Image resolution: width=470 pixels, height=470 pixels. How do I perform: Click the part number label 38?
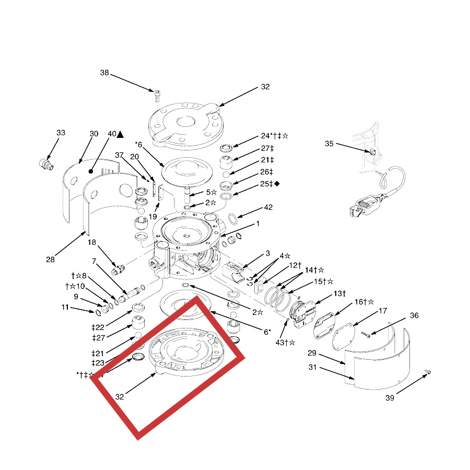point(104,73)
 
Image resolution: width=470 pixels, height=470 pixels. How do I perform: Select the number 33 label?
point(61,133)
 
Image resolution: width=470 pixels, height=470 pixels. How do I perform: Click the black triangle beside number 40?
point(121,134)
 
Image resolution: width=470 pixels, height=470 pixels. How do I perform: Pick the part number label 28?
point(50,260)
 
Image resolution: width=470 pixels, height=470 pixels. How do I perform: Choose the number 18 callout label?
point(92,242)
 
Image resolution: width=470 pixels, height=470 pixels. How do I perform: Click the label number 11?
point(65,308)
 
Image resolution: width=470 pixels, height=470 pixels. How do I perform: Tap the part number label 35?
point(329,144)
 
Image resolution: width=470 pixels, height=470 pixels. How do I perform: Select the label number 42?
point(268,207)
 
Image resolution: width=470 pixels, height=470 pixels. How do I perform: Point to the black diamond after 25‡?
point(277,183)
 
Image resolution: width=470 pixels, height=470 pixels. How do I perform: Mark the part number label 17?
point(383,311)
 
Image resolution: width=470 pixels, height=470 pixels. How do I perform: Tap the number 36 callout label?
point(414,315)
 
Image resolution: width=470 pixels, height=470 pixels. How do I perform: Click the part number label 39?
point(390,398)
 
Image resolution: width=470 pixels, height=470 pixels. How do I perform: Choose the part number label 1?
point(257,224)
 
